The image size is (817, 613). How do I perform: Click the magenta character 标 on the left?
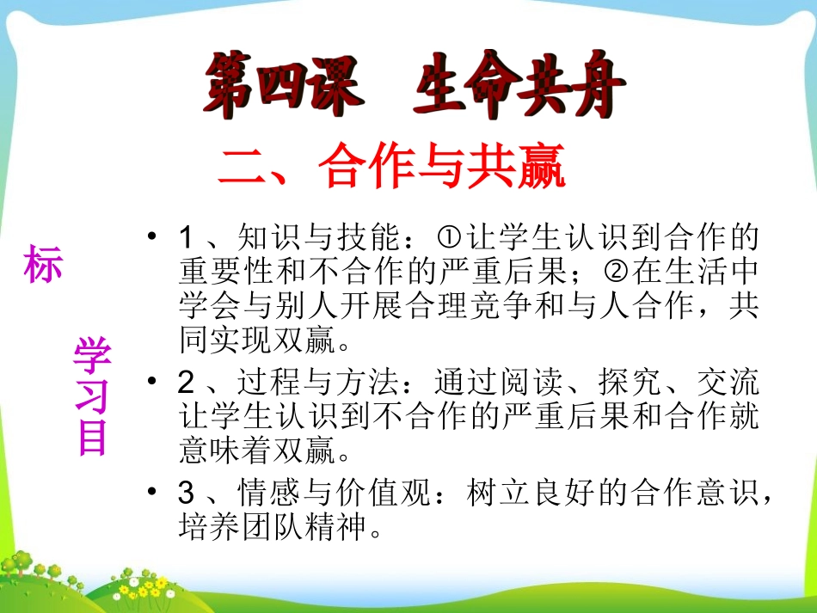pos(43,266)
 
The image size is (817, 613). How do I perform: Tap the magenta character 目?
pos(92,436)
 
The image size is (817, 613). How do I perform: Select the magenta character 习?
pos(92,395)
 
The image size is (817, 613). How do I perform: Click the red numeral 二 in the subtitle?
pos(243,169)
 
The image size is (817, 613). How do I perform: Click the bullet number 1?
pos(188,236)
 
